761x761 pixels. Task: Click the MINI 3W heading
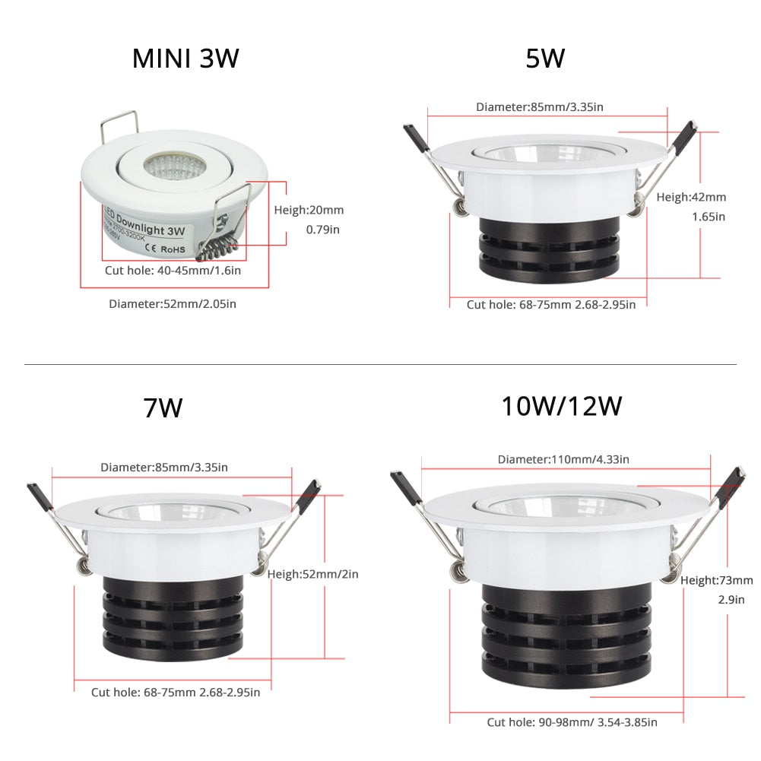coord(185,59)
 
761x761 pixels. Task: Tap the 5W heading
coord(545,59)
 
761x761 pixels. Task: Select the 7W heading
coord(163,408)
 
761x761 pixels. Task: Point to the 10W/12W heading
coord(561,405)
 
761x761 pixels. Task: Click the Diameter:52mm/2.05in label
coord(172,304)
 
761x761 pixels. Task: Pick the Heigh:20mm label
coord(309,210)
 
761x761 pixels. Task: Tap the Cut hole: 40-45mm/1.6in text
coord(173,270)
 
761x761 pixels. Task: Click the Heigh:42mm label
coord(691,197)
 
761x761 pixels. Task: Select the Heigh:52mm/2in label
coord(312,574)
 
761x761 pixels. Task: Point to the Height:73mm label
coord(716,580)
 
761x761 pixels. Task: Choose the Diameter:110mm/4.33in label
coord(563,459)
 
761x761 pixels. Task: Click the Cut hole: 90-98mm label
coord(572,722)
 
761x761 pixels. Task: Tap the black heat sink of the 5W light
coord(549,247)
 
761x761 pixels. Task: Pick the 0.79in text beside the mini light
coord(322,229)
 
